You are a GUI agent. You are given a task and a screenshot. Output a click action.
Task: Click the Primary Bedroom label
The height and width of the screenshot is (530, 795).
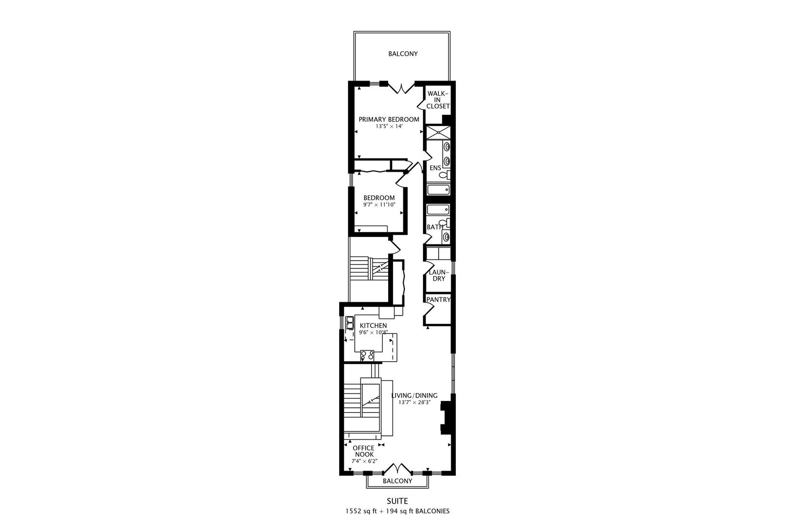pyautogui.click(x=389, y=119)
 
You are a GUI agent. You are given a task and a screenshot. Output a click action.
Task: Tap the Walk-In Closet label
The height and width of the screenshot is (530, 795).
pyautogui.click(x=438, y=100)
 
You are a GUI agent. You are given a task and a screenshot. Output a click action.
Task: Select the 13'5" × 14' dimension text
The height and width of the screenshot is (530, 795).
pyautogui.click(x=389, y=126)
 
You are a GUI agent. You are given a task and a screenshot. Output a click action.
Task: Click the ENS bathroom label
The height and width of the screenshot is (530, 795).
pyautogui.click(x=435, y=168)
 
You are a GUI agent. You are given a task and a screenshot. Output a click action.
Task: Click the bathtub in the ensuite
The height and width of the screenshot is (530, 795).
pyautogui.click(x=438, y=189)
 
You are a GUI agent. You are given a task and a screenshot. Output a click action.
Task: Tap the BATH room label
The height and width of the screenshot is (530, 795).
pyautogui.click(x=434, y=227)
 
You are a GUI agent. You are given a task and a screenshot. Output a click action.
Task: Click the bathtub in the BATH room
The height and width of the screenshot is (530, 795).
pyautogui.click(x=438, y=210)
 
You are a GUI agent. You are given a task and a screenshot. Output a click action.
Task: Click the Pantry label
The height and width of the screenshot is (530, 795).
pyautogui.click(x=438, y=300)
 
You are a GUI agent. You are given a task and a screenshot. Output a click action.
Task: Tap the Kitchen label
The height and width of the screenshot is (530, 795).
pyautogui.click(x=373, y=326)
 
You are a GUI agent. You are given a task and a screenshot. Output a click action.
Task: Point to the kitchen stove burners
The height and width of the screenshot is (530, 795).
pyautogui.click(x=367, y=355)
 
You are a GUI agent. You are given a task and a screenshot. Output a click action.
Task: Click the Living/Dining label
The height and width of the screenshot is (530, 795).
pyautogui.click(x=414, y=396)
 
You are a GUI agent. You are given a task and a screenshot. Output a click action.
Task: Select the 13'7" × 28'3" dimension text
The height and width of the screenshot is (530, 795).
pyautogui.click(x=414, y=402)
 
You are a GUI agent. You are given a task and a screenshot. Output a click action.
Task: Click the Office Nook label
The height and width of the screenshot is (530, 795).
pyautogui.click(x=364, y=451)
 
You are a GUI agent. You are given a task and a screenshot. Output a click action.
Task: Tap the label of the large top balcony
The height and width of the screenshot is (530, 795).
pyautogui.click(x=403, y=53)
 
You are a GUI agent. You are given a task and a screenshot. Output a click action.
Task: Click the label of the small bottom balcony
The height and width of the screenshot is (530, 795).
pyautogui.click(x=397, y=481)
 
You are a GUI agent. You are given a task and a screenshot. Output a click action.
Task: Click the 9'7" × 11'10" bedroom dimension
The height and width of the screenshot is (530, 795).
pyautogui.click(x=379, y=205)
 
